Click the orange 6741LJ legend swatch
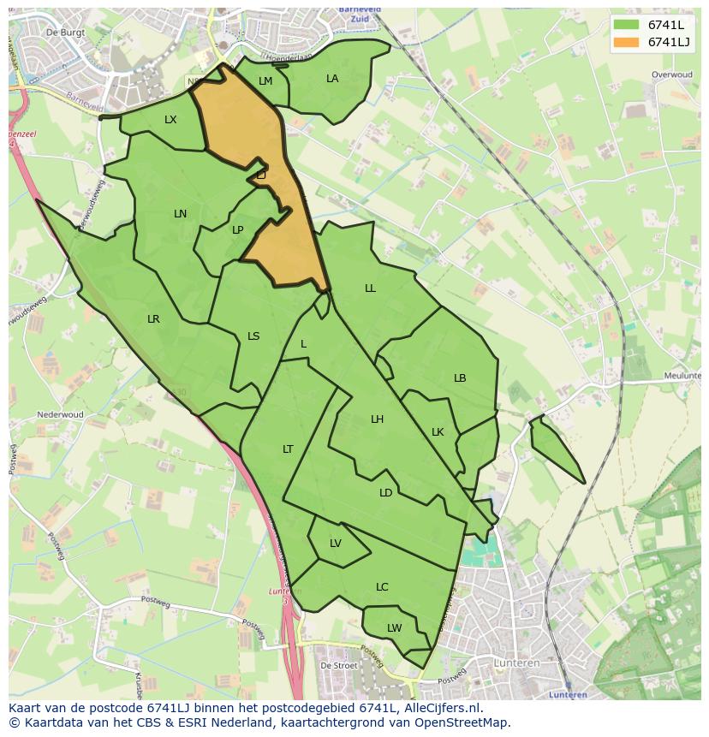(x=627, y=42)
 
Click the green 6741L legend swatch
(x=627, y=25)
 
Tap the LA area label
(x=332, y=79)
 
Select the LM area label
(x=265, y=81)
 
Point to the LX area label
(x=170, y=120)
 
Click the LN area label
(x=180, y=213)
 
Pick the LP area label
(x=237, y=229)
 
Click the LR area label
(x=153, y=319)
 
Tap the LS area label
(x=253, y=336)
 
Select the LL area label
(x=370, y=288)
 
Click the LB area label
(x=460, y=378)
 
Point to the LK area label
(x=438, y=432)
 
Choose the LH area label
(x=377, y=419)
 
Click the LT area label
(x=288, y=449)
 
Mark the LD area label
(x=385, y=493)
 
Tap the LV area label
(x=336, y=544)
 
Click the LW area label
(x=394, y=628)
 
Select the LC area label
(x=382, y=587)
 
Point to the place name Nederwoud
(x=60, y=415)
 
